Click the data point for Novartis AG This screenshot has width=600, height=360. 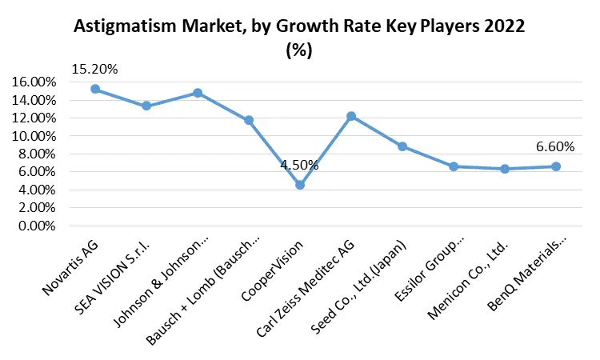click(95, 89)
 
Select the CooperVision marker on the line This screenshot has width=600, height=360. click(300, 185)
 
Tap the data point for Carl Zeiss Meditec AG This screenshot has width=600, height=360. click(351, 116)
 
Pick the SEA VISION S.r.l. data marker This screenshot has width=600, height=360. click(146, 106)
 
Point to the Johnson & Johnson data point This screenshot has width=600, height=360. click(198, 93)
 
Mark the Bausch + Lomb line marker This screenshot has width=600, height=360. click(249, 120)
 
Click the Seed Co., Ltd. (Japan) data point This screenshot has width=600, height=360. click(402, 146)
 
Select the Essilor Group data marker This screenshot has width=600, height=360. click(454, 166)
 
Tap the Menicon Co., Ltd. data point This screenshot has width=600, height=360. click(505, 169)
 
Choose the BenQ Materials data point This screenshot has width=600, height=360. click(556, 166)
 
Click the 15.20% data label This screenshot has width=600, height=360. click(94, 69)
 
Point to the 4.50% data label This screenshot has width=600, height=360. click(299, 166)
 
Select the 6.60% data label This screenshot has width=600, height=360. click(555, 146)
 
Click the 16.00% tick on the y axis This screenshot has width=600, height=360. click(34, 82)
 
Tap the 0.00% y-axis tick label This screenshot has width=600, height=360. click(37, 226)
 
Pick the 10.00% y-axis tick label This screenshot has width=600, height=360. click(34, 136)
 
